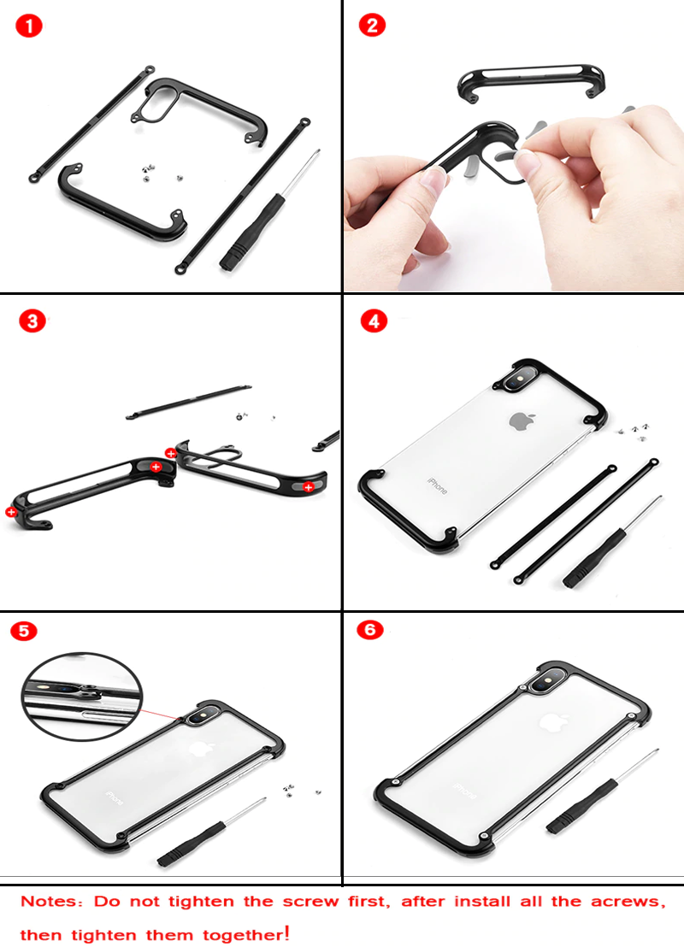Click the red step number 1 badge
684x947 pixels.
(29, 26)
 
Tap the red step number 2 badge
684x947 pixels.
(372, 25)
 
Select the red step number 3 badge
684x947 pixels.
(32, 321)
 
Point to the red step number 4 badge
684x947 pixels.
(374, 321)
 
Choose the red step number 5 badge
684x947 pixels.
(24, 631)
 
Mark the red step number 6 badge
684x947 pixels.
(370, 630)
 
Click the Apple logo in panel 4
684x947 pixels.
(520, 421)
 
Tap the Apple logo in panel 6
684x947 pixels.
(555, 721)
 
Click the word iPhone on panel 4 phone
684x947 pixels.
(438, 485)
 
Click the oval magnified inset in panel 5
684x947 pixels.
(82, 697)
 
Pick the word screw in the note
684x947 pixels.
(310, 903)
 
